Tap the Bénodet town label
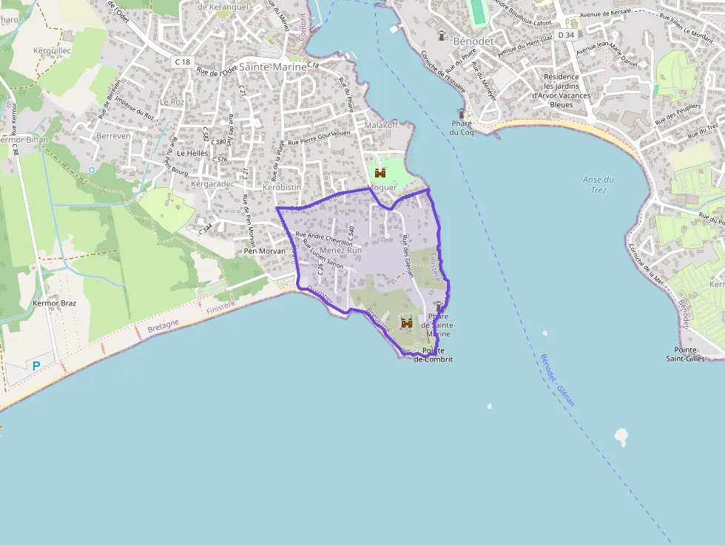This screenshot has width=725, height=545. click(473, 41)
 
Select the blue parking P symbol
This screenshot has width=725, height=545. click(36, 365)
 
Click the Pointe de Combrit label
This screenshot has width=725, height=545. click(433, 354)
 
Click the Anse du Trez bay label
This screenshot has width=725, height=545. click(598, 184)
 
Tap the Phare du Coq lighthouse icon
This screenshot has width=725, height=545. click(462, 114)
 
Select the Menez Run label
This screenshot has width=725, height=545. click(340, 251)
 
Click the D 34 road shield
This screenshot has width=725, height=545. click(566, 35)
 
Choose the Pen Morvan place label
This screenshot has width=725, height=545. click(264, 251)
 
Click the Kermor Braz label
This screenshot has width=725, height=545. click(55, 303)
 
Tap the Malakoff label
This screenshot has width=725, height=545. click(381, 125)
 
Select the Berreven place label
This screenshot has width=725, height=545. click(113, 136)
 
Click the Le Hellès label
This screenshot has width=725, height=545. click(192, 153)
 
